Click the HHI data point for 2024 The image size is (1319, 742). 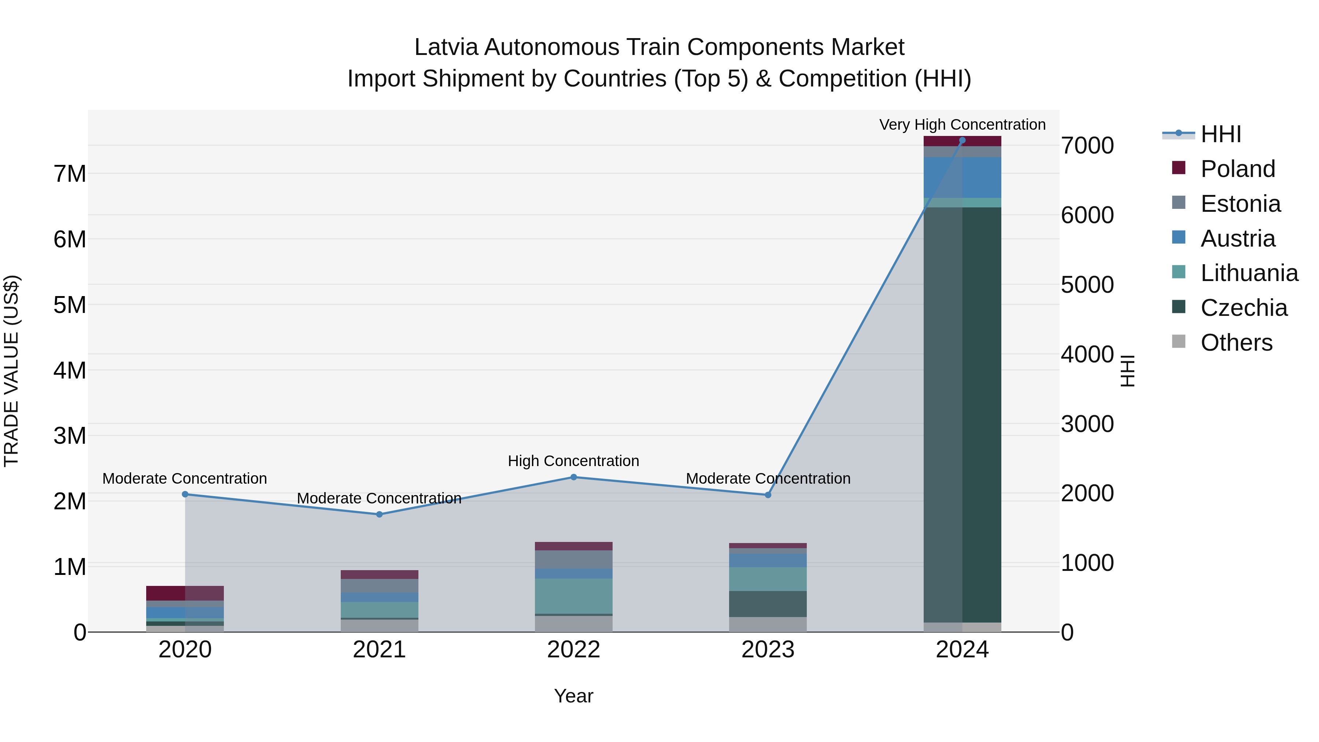tap(962, 140)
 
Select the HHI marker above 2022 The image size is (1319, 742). tap(573, 477)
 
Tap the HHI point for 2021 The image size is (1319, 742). tap(380, 514)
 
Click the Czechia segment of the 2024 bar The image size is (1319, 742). tap(962, 415)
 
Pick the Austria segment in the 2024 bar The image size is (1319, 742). tap(962, 177)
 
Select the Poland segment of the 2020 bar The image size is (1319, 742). tap(185, 593)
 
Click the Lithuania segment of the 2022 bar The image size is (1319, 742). tap(573, 596)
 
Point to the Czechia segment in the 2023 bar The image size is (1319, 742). tap(768, 604)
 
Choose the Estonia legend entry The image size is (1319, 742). tap(1239, 204)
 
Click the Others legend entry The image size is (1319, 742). tap(1235, 343)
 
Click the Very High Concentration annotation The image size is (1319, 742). tap(962, 125)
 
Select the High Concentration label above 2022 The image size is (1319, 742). tap(573, 461)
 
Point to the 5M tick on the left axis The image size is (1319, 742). tap(70, 305)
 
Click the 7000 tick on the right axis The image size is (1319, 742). tap(1087, 145)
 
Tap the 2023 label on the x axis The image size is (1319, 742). tap(768, 650)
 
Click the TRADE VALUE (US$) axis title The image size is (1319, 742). tap(11, 371)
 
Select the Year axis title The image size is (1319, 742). tap(573, 696)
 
